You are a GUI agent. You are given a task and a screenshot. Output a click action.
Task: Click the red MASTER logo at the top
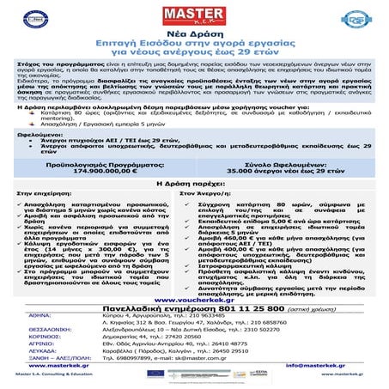(x=194, y=15)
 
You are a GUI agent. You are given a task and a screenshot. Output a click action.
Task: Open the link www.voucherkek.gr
(x=194, y=300)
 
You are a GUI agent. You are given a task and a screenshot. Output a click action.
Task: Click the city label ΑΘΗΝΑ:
(x=30, y=318)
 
